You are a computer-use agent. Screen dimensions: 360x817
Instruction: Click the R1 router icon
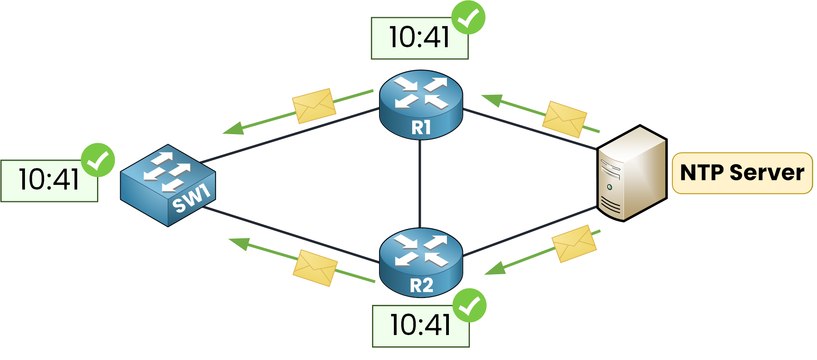(x=421, y=105)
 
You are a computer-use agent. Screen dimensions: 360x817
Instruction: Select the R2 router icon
(x=421, y=262)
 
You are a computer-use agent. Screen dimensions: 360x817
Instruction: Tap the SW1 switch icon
(x=168, y=185)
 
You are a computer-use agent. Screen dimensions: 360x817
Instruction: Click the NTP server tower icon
(x=631, y=174)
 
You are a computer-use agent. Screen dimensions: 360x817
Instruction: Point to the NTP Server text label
(x=742, y=173)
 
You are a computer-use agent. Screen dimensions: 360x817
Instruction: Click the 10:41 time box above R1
(x=419, y=38)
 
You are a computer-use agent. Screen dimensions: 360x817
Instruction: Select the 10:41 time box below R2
(x=420, y=326)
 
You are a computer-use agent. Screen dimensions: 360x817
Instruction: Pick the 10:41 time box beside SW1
(x=49, y=181)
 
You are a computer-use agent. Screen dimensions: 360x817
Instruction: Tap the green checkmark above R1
(x=468, y=18)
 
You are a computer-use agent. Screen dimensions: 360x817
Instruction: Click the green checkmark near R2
(x=469, y=305)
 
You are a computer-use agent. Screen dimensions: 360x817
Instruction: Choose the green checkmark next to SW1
(x=98, y=160)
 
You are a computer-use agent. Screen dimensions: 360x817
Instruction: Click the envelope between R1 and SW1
(x=314, y=106)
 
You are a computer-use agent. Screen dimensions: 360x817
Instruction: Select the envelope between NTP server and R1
(x=564, y=119)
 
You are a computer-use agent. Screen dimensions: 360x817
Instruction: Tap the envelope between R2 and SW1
(x=315, y=268)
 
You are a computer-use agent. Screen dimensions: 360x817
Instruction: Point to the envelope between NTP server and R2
(x=574, y=243)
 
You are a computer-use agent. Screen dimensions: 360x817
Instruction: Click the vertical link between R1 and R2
(x=420, y=183)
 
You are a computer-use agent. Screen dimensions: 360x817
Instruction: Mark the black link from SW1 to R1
(x=289, y=135)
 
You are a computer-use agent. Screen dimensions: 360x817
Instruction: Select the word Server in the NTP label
(x=767, y=173)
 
